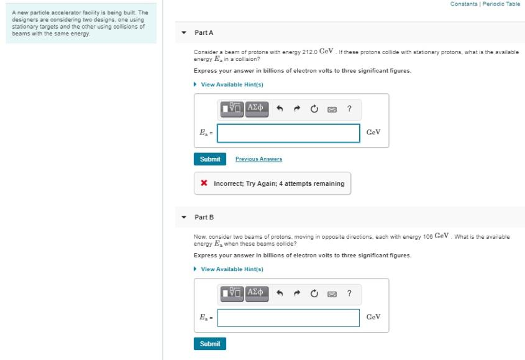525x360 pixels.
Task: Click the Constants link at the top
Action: (463, 4)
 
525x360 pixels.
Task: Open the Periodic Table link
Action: (501, 4)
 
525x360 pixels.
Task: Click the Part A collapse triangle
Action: (184, 32)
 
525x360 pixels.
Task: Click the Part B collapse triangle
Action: (184, 217)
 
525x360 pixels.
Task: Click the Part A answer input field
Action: (289, 133)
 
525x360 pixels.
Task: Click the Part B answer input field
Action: (289, 318)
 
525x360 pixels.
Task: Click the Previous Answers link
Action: (259, 159)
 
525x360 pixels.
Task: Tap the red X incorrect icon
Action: (204, 183)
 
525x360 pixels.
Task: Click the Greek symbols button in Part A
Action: (257, 109)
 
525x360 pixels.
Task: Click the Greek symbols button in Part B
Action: (257, 293)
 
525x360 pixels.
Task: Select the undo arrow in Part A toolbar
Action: (280, 109)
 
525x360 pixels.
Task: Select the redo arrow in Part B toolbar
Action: (297, 293)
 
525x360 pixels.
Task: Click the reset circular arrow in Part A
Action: (314, 109)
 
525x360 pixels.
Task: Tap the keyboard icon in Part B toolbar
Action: (332, 294)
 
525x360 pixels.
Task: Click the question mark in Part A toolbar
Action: (349, 108)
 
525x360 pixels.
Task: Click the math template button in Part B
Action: (232, 293)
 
